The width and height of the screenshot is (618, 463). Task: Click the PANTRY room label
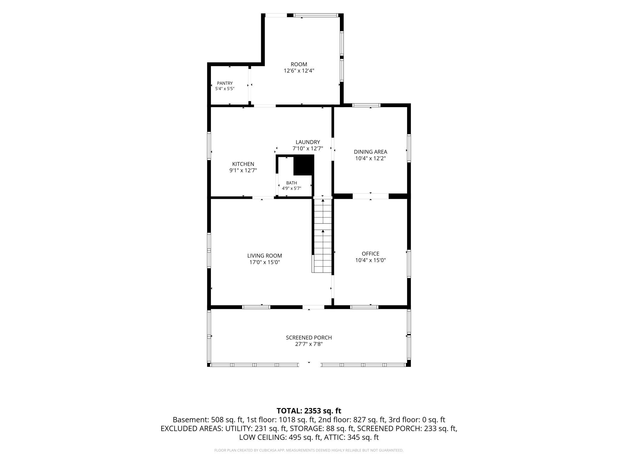pos(225,83)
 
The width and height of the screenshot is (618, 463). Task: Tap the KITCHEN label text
pos(243,164)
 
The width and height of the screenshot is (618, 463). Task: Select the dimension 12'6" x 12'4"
pos(299,71)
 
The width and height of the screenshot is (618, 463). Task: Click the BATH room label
pos(291,183)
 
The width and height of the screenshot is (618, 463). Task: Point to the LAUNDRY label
pos(308,142)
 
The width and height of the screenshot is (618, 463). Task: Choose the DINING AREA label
pos(371,152)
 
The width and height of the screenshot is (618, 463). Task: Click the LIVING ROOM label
pos(264,256)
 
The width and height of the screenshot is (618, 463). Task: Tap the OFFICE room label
pos(371,254)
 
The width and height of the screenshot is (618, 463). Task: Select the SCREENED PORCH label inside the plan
pos(309,338)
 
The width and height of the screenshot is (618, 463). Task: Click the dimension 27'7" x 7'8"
pos(309,344)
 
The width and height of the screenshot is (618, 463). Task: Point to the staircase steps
pos(323,236)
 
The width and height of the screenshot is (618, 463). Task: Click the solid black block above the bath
pos(304,165)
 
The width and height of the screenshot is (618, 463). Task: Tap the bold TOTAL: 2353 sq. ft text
pos(309,411)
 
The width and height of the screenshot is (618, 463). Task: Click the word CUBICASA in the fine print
pos(268,451)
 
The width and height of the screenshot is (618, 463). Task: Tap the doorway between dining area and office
pos(371,196)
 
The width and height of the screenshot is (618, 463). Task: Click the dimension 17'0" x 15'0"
pos(264,262)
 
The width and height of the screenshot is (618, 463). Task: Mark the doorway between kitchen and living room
pos(263,197)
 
